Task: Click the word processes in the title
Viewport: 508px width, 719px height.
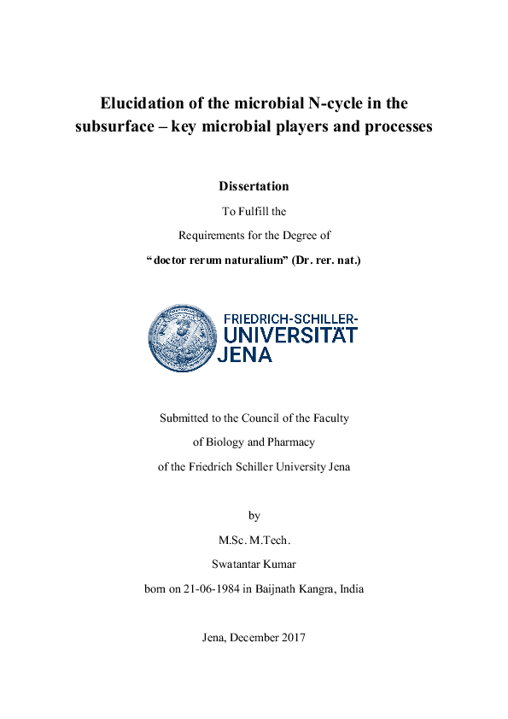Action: point(398,126)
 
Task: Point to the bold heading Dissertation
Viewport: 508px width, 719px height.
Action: point(254,186)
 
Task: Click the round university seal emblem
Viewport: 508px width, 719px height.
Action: point(182,338)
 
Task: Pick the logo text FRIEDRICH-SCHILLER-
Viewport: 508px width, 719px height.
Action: point(290,319)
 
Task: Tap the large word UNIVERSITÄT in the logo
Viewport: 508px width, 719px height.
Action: point(289,336)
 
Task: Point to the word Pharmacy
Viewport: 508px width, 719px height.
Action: point(288,442)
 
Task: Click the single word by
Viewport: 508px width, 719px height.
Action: point(254,516)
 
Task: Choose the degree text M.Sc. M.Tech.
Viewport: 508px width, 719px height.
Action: point(254,540)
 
